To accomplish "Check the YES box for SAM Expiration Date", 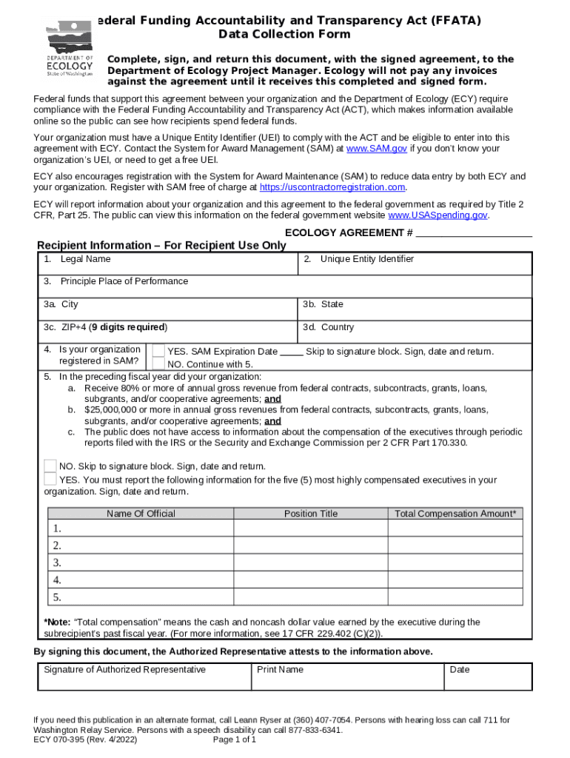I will pyautogui.click(x=158, y=351).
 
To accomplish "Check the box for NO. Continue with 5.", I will pyautogui.click(x=158, y=363).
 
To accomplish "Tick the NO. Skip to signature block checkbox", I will pyautogui.click(x=50, y=466).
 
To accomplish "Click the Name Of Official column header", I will pyautogui.click(x=141, y=514).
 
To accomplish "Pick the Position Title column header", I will pyautogui.click(x=310, y=514).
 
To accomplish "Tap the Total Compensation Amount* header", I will pyautogui.click(x=455, y=514).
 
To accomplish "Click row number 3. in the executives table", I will pyautogui.click(x=57, y=563).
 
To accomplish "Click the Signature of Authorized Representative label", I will pyautogui.click(x=124, y=670).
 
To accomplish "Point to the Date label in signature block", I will pyautogui.click(x=459, y=670).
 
